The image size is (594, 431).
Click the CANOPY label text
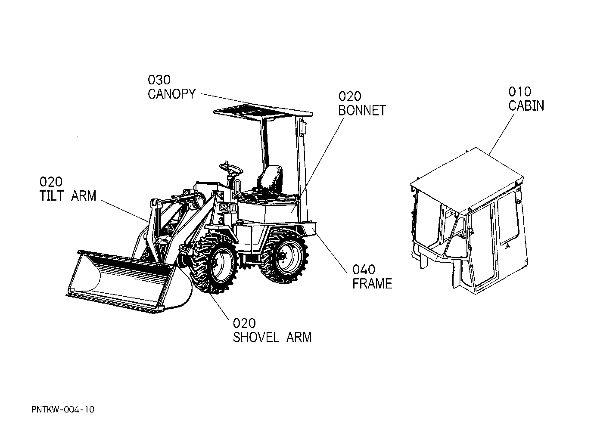point(171,93)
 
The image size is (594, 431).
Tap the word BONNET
point(361,110)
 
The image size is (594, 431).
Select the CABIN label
point(526,105)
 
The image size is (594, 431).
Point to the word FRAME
point(372,284)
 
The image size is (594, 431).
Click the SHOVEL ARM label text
point(272,337)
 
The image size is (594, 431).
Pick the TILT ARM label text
point(68,195)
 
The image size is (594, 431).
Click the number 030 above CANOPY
point(159,80)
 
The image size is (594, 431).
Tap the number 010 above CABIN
point(519,91)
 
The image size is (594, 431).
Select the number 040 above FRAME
point(364,270)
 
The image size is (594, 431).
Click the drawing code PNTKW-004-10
point(62,409)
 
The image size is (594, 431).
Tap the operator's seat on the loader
point(269,181)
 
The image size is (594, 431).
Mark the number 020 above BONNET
point(350,96)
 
